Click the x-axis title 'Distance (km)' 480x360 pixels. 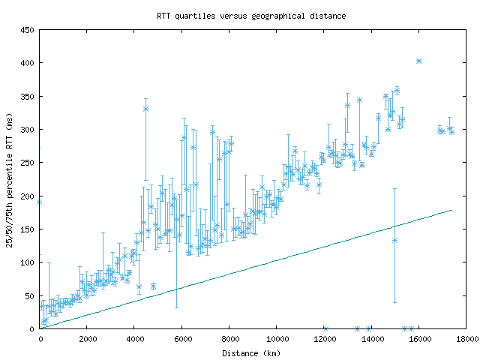point(251,352)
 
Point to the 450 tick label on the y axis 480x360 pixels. point(28,30)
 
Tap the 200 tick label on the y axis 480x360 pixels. point(28,196)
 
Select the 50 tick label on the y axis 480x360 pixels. point(30,295)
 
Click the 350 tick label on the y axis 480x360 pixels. point(28,97)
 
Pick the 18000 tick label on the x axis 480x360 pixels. point(466,339)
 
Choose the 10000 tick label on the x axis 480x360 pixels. point(276,339)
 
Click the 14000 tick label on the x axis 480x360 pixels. point(371,339)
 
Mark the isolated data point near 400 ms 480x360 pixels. point(418,61)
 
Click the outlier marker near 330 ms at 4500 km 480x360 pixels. point(145,109)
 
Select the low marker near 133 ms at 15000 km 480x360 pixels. point(394,240)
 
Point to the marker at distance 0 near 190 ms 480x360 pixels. point(39,202)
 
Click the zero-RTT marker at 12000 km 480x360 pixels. point(325,328)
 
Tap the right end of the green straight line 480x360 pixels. point(451,210)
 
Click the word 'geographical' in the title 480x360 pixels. point(289,15)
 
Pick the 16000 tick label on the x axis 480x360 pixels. point(418,339)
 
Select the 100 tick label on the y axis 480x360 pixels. point(28,262)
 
